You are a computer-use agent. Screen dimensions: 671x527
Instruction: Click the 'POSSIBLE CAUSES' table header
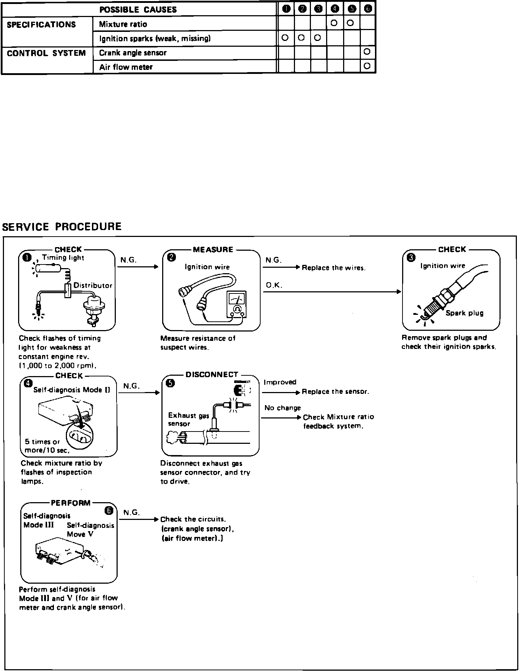point(138,9)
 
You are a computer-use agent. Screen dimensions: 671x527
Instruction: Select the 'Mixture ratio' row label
point(123,24)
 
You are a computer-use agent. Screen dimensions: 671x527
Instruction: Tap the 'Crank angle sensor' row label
point(133,53)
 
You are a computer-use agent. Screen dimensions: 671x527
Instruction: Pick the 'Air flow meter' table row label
point(126,67)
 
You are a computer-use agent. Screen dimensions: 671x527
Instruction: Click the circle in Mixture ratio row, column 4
point(334,23)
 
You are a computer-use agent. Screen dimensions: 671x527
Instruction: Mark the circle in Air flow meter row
point(367,66)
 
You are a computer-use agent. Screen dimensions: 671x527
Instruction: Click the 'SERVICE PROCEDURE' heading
point(62,227)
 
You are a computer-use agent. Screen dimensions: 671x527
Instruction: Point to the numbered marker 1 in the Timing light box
point(27,257)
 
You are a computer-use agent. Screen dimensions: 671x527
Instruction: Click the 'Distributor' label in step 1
point(93,286)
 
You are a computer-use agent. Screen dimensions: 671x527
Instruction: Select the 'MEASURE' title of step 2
point(213,250)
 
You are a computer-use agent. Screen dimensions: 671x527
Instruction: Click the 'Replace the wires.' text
point(334,268)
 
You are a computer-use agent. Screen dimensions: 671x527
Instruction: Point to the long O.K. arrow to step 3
point(332,292)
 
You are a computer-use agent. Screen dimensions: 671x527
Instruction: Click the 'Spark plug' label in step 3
point(464,313)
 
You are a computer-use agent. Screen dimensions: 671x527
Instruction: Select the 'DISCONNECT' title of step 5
point(212,375)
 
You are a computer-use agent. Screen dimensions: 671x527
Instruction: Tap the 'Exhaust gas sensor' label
point(189,420)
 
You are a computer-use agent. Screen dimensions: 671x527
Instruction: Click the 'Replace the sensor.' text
point(336,392)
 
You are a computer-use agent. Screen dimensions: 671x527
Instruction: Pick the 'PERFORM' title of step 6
point(71,503)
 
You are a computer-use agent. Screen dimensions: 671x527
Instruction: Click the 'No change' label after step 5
point(282,408)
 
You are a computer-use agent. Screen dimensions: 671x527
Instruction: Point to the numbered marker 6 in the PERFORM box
point(109,511)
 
